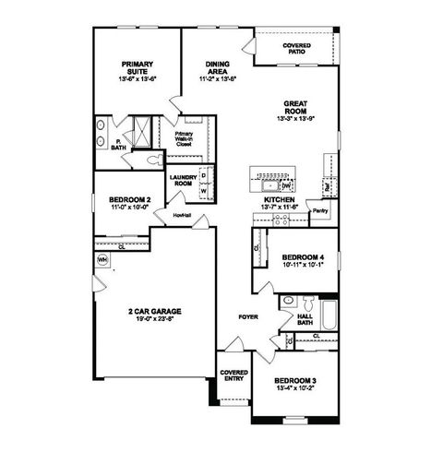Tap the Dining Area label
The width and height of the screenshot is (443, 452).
point(218,67)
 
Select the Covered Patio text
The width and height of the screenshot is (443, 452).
point(296,48)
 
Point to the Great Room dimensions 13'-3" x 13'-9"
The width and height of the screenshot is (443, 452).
point(295,119)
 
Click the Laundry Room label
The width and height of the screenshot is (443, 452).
point(183,181)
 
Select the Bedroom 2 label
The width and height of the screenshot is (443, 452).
point(129,200)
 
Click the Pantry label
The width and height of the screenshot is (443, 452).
point(320,210)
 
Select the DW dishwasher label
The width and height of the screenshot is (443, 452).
point(287,184)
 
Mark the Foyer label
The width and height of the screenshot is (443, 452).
point(247,316)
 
